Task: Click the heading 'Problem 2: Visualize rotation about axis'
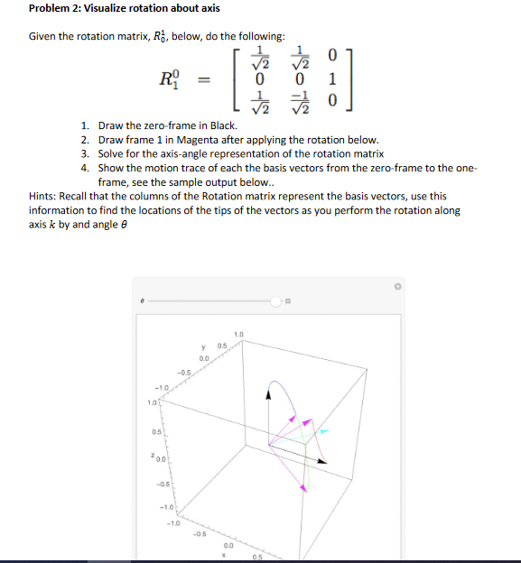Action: (111, 9)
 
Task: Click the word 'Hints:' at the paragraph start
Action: (45, 196)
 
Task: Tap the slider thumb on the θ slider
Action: (276, 301)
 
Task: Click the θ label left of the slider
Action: (142, 302)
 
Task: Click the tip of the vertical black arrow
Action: (267, 389)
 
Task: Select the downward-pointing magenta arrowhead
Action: (303, 488)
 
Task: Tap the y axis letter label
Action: (206, 343)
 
